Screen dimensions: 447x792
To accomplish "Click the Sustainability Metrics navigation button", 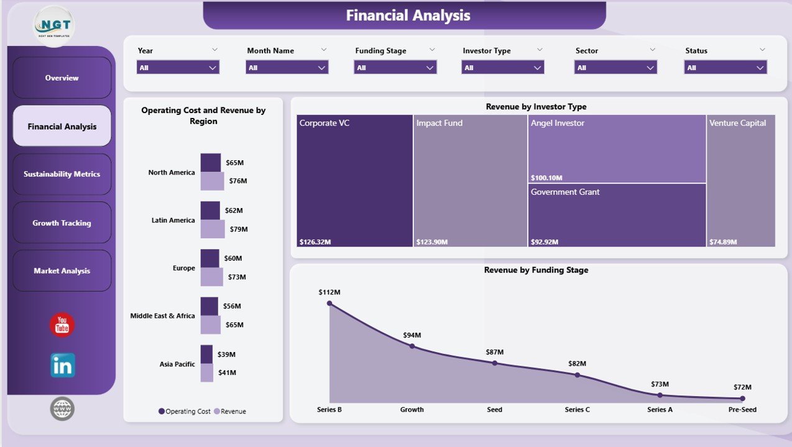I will pos(62,174).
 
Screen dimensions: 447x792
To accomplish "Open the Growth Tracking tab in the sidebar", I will pos(62,223).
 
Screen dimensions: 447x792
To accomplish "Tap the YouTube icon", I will pos(62,325).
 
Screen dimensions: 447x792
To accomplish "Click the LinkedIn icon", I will pos(63,366).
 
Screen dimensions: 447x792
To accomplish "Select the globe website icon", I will pos(62,409).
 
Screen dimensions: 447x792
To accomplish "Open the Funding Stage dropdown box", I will pos(395,68).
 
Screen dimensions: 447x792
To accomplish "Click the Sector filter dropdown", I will pos(615,68).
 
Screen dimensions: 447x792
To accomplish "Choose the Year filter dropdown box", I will pos(178,68).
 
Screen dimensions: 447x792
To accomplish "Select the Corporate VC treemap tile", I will pos(354,180).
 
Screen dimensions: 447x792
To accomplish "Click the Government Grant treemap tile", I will pos(617,215).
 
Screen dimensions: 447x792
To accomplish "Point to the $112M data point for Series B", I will pos(329,304).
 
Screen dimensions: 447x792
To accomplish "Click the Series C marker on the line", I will pos(577,375).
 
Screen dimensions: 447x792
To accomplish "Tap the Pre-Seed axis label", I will pos(742,410).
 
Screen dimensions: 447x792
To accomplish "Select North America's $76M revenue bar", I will pos(212,181).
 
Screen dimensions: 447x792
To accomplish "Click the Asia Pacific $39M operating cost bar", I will pos(206,354).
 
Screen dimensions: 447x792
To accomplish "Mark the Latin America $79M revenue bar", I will pos(213,229).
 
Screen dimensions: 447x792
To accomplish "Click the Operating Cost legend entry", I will pos(185,412).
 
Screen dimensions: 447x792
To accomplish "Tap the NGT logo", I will pos(53,26).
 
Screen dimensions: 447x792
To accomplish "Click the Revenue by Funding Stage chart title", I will pos(536,270).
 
